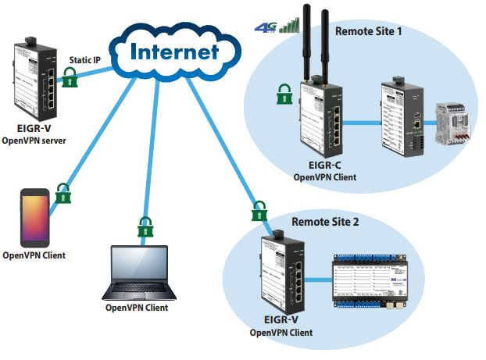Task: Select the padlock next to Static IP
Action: (71, 77)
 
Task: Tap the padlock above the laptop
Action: (145, 227)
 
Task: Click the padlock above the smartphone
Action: (63, 193)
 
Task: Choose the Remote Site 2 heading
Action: (325, 222)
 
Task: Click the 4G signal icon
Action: (278, 27)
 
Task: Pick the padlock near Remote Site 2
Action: (259, 211)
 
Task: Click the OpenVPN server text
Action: (34, 141)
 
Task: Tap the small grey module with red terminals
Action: (451, 120)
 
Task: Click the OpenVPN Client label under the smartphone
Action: (34, 255)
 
